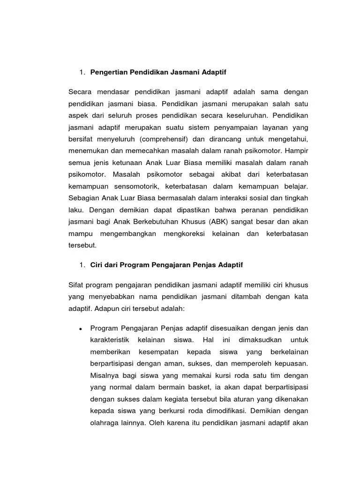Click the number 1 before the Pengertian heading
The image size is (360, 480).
pos(81,72)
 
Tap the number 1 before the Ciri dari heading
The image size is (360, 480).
pos(81,265)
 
